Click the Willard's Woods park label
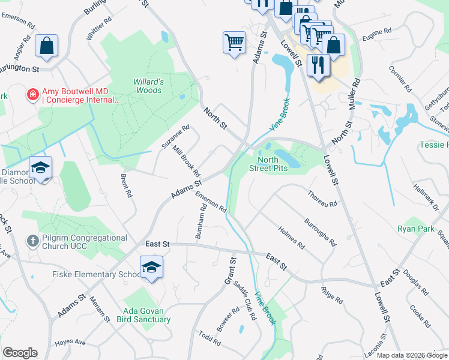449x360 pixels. tap(148, 86)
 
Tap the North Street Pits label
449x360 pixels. tap(273, 164)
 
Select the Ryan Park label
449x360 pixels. tap(415, 229)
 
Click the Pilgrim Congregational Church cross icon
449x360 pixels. tap(34, 241)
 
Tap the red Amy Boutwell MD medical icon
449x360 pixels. tap(32, 94)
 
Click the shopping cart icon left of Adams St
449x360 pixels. tap(234, 43)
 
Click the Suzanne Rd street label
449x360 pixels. tap(175, 137)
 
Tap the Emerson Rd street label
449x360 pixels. tap(211, 201)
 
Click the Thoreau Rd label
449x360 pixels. tap(322, 199)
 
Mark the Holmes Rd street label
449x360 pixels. tap(291, 238)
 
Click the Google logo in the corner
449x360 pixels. tap(20, 353)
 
